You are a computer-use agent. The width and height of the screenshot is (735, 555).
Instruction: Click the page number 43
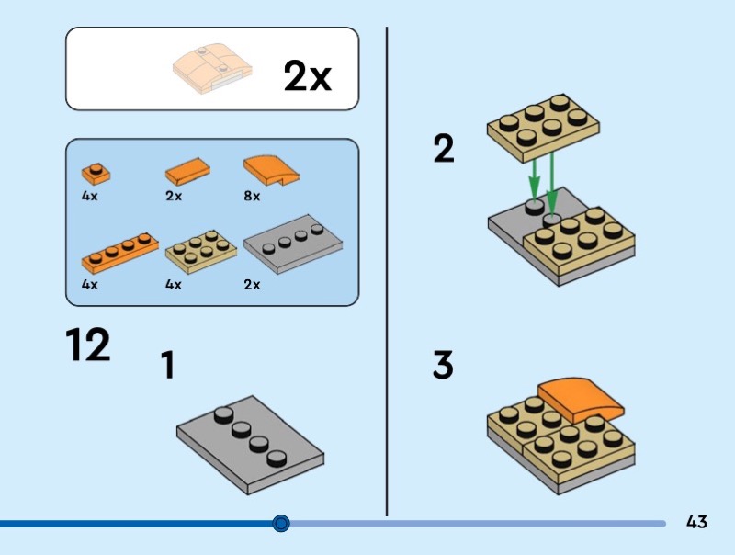coord(696,522)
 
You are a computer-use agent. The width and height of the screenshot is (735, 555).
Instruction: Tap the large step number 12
coord(87,345)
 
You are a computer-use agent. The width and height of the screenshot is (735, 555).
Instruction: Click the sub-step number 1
coord(167,365)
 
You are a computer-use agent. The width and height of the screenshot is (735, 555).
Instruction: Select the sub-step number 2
coord(444,148)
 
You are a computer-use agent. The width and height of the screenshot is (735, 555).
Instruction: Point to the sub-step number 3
coord(443,364)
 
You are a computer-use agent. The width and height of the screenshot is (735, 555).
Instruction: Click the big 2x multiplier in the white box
coord(308,75)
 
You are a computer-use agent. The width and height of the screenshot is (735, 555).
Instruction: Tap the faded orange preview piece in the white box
coord(212,68)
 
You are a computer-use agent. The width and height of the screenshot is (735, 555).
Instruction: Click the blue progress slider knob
coord(281,523)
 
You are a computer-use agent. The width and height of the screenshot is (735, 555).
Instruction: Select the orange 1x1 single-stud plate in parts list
coord(96,174)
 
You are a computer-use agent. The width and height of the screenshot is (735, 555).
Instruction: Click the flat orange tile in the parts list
coord(187,171)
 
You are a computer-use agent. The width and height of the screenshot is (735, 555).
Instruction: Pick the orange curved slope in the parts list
coord(271,171)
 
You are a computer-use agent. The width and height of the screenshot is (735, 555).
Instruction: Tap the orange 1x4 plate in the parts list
coord(120,253)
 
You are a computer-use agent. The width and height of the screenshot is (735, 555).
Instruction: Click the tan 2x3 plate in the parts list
coord(200,252)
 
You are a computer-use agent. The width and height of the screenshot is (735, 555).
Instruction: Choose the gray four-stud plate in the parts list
coord(293,244)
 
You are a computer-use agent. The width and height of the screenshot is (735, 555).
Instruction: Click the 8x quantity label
coord(252,196)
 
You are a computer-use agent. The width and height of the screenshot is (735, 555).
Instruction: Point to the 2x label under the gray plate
coord(252,285)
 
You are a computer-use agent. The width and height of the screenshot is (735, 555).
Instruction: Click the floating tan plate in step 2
coord(543,129)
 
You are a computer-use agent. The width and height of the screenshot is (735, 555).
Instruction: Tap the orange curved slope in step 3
coord(581,400)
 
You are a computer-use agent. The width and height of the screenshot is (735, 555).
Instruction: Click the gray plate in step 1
coord(250,445)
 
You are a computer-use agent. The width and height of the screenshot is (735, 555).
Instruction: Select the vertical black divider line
coord(387,271)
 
